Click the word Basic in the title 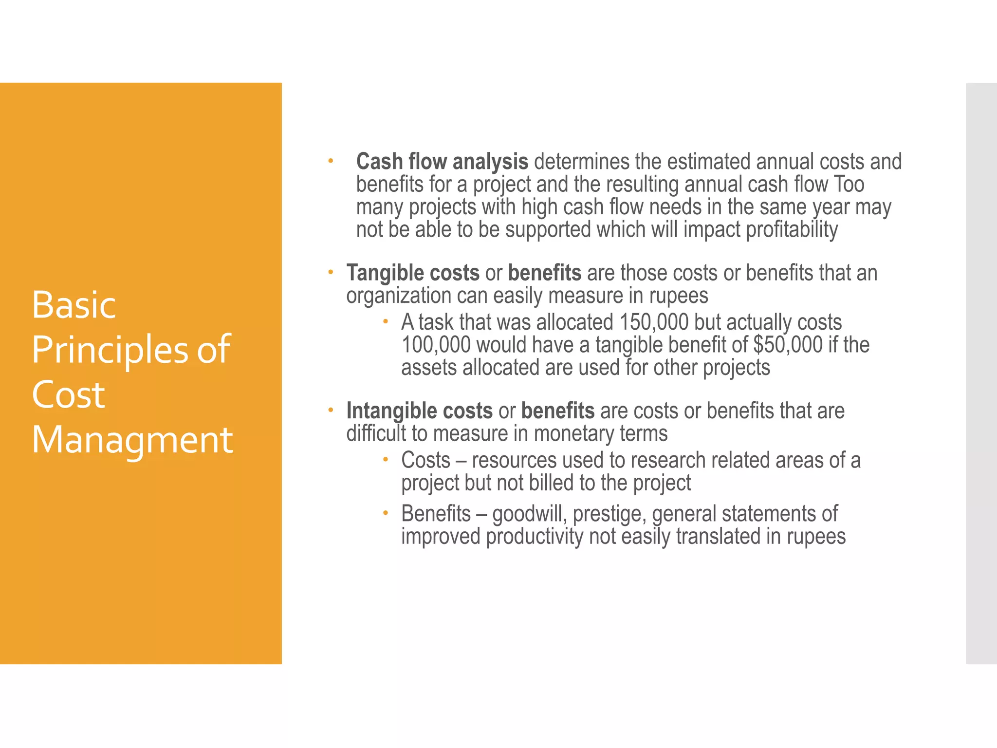point(74,305)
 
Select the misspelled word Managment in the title point(132,440)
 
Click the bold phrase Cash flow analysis point(442,162)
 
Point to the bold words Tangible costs point(413,273)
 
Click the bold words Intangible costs point(419,411)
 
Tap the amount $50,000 point(788,345)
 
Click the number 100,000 point(436,345)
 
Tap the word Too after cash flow point(849,185)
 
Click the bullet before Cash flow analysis point(330,160)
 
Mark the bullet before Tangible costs point(330,272)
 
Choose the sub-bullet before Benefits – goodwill point(385,512)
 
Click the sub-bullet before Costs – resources point(385,459)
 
